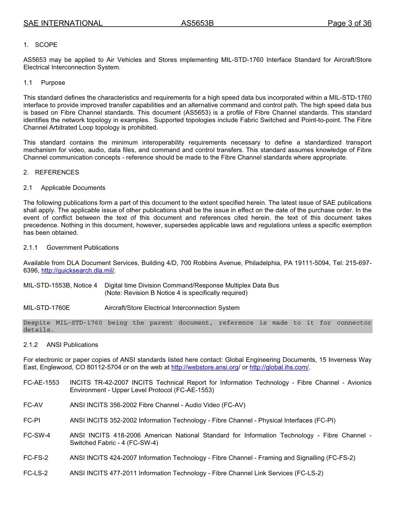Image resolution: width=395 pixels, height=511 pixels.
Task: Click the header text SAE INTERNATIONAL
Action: tap(63, 23)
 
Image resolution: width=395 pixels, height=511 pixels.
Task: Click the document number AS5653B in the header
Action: tap(197, 23)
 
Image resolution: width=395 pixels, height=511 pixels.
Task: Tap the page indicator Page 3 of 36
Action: tap(349, 23)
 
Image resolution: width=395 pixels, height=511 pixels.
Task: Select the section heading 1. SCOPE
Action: tap(40, 45)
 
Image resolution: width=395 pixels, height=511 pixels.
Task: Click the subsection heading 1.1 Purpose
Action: tap(44, 83)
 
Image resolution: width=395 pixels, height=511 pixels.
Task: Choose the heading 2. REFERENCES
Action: tap(51, 172)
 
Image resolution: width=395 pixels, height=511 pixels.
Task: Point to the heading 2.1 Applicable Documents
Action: tap(64, 188)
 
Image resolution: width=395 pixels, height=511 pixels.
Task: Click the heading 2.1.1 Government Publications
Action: tap(71, 248)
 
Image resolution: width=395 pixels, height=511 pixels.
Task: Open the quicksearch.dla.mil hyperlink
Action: tap(78, 270)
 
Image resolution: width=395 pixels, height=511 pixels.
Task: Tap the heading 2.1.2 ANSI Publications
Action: tap(61, 345)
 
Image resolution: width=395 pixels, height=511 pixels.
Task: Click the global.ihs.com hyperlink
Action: tap(279, 367)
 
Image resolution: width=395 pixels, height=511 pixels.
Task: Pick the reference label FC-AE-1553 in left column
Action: tap(41, 383)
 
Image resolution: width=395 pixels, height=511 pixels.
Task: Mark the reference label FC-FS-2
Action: tap(36, 458)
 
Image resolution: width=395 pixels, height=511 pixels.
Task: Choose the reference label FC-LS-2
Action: tap(35, 473)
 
